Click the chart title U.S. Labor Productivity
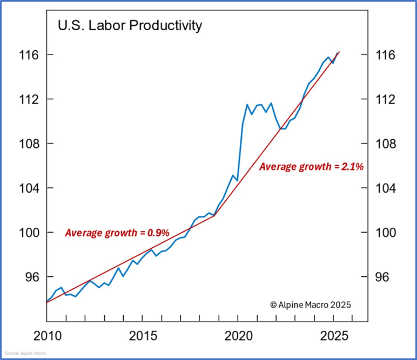point(130,25)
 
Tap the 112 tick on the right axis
point(385,100)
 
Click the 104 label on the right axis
point(385,188)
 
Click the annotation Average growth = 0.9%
point(117,233)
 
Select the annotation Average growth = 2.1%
point(311,167)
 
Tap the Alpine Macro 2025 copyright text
point(311,304)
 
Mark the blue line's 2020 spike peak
point(247,104)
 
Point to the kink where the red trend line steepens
point(215,216)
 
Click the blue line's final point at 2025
point(338,53)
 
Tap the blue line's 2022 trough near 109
point(282,128)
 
